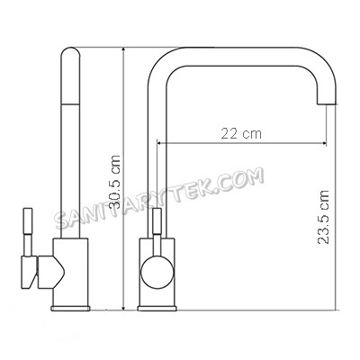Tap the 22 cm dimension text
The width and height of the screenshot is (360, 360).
click(x=240, y=133)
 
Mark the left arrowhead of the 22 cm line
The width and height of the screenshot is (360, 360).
click(x=160, y=142)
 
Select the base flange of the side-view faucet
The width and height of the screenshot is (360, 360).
click(x=71, y=306)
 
